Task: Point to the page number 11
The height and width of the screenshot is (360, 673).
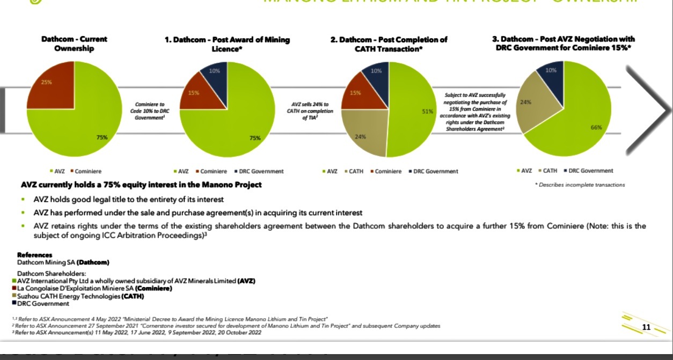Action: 646,327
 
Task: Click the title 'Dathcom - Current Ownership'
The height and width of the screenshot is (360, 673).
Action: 74,43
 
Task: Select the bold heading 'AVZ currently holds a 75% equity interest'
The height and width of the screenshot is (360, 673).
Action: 141,185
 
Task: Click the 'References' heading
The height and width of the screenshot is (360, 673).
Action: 35,255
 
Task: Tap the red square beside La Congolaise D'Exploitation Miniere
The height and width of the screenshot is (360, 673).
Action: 13,289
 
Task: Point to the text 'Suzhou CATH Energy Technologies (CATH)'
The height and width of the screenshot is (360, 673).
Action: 81,296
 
